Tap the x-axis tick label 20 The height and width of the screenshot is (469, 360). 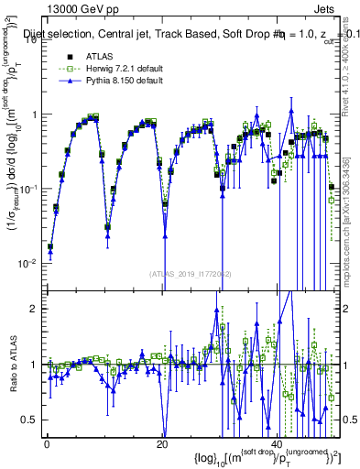coord(162,444)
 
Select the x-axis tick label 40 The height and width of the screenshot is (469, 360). coord(278,444)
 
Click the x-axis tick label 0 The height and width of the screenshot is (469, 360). coord(47,444)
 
